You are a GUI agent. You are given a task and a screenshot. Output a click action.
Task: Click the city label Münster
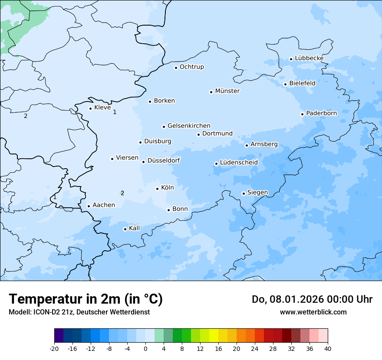pyautogui.click(x=227, y=91)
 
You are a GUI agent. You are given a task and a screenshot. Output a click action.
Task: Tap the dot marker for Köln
pyautogui.click(x=157, y=188)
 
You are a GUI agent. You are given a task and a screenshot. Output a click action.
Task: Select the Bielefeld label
pyautogui.click(x=302, y=83)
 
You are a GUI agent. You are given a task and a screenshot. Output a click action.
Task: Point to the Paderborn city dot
pyautogui.click(x=302, y=114)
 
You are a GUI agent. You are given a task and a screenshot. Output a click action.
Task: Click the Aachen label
pyautogui.click(x=104, y=205)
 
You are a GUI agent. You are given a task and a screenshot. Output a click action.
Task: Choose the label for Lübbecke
pyautogui.click(x=309, y=58)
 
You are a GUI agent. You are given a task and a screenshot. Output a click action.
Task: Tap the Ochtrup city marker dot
pyautogui.click(x=176, y=67)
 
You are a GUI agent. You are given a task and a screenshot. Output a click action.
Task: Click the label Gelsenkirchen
pyautogui.click(x=189, y=126)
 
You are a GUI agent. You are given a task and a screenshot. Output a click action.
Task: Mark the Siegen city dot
pyautogui.click(x=244, y=193)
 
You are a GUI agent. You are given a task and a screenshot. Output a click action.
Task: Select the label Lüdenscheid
pyautogui.click(x=239, y=163)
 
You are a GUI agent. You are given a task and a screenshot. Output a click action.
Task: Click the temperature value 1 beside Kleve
pyautogui.click(x=115, y=112)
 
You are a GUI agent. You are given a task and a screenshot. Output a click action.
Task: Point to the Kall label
pyautogui.click(x=135, y=228)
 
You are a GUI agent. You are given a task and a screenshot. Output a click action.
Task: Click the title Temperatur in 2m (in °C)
pyautogui.click(x=86, y=299)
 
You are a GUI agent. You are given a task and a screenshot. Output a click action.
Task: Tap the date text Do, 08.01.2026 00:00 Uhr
pyautogui.click(x=312, y=299)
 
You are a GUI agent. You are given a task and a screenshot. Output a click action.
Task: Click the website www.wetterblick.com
pyautogui.click(x=313, y=312)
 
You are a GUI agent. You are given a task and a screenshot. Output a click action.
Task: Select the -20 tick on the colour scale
pyautogui.click(x=54, y=349)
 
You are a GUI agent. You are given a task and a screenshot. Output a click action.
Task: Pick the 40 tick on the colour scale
pyautogui.click(x=328, y=349)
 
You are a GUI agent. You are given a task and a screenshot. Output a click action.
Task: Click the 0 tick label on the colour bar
pyautogui.click(x=145, y=349)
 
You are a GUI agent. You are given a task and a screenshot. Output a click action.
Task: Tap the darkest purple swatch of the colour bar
pyautogui.click(x=59, y=336)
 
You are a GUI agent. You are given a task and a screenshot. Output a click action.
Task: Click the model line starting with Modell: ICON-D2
pyautogui.click(x=79, y=312)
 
